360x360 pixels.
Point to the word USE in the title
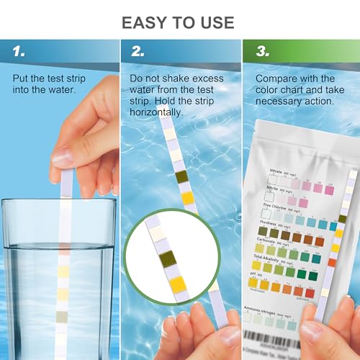(214, 22)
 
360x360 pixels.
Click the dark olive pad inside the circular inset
(166, 257)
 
